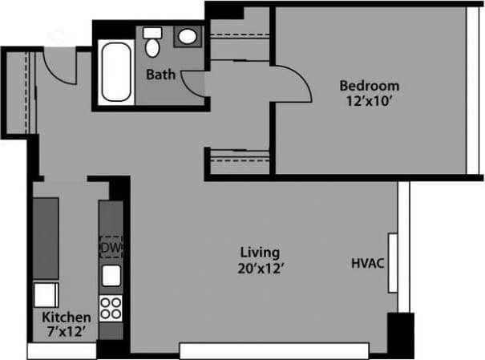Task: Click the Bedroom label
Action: click(369, 86)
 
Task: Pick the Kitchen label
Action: click(66, 318)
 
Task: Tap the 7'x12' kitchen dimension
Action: click(66, 331)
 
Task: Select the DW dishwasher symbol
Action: click(111, 248)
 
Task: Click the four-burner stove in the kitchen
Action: click(111, 306)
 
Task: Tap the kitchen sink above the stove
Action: click(111, 276)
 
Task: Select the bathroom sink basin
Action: click(187, 37)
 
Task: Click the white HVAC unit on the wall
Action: click(393, 263)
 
